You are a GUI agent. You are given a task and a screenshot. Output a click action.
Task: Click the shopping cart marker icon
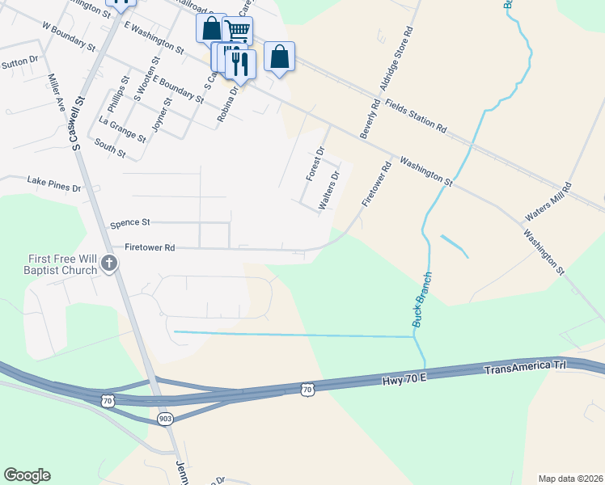point(237,31)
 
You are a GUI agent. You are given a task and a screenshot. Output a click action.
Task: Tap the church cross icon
point(109,262)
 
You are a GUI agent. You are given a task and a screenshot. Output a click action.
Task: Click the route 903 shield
point(165,418)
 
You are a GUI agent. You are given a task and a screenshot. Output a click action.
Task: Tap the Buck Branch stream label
point(422,299)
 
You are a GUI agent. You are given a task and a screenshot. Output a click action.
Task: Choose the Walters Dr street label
point(329,190)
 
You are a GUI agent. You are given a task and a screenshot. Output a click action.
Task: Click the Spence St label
point(130,222)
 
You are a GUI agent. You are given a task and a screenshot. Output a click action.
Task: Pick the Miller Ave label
point(56,93)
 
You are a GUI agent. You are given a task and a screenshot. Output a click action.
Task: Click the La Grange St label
point(122,129)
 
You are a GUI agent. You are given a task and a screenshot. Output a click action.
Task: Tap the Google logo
point(27,475)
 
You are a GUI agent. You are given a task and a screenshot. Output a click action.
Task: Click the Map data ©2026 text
point(569,479)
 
